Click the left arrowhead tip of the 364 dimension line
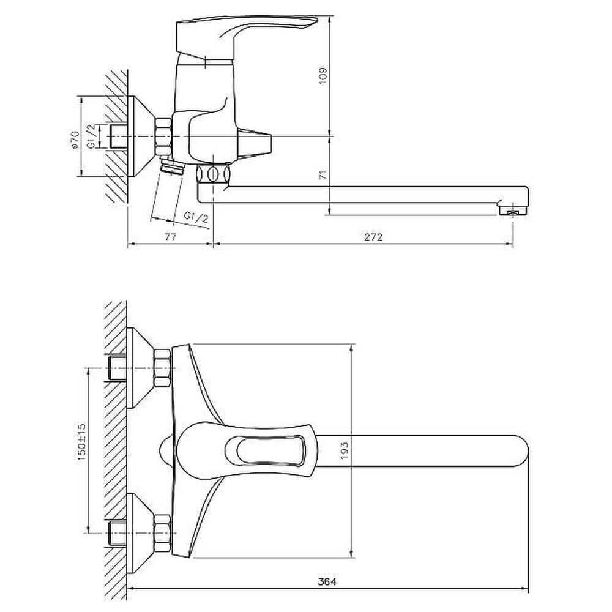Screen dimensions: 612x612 point(129,589)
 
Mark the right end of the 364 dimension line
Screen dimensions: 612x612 point(528,589)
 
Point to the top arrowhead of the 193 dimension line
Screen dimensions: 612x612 point(353,344)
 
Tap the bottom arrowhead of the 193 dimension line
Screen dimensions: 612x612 point(353,558)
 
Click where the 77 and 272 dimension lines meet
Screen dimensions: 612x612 point(213,244)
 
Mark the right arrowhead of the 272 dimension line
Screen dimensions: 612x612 point(513,244)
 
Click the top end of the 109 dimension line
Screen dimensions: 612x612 point(330,16)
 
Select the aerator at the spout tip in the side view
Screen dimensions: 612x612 point(513,211)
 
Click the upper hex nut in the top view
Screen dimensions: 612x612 point(162,368)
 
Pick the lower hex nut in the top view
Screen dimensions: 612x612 point(162,533)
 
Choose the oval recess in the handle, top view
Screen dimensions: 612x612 point(267,451)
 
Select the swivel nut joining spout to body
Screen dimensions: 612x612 point(212,174)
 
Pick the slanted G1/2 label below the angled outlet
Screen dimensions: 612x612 point(196,218)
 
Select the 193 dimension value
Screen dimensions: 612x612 point(344,450)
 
